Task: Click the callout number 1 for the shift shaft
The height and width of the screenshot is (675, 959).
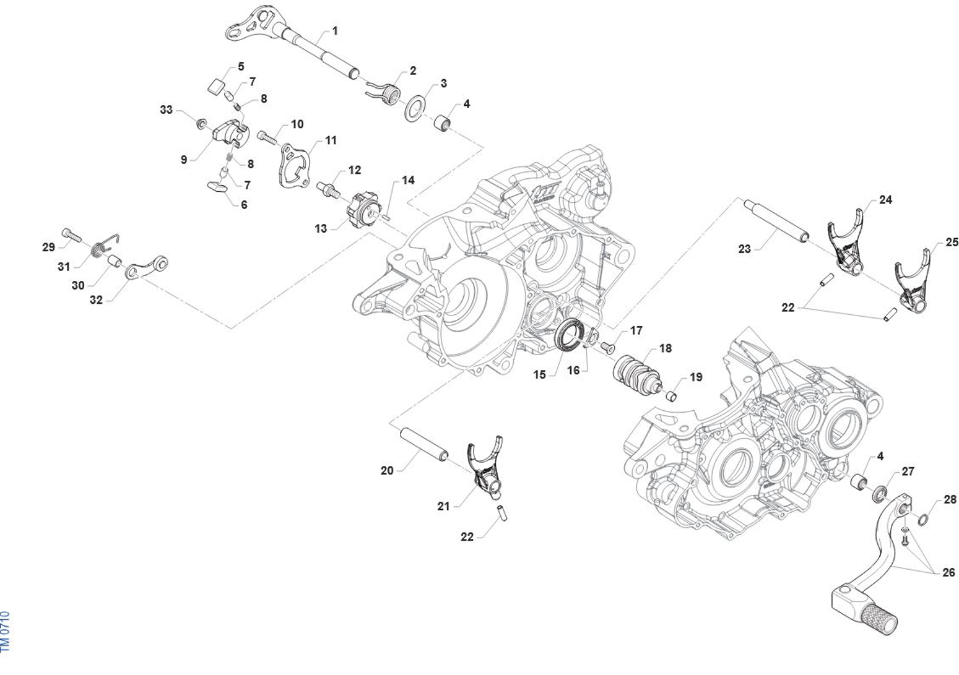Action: pos(335,30)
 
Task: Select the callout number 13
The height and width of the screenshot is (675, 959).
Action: pos(320,228)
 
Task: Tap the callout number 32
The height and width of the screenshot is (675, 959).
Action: pos(96,300)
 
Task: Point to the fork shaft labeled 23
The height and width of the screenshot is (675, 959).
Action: pos(776,220)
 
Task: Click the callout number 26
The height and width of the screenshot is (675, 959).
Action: pos(948,573)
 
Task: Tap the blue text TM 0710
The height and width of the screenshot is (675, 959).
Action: pos(6,630)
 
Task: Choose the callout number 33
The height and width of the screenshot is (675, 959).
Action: pos(166,110)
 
